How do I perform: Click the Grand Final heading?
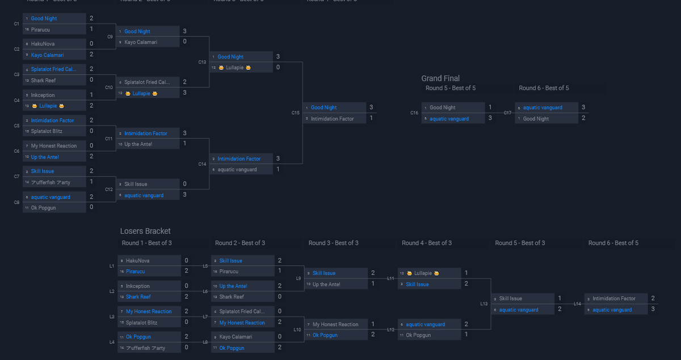440,78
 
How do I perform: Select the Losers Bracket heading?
145,231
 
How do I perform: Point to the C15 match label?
296,113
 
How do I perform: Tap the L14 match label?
577,304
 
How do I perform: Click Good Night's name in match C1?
44,19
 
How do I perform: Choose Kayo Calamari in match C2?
47,55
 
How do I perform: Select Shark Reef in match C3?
43,81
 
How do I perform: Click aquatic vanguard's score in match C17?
583,107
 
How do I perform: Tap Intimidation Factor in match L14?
614,299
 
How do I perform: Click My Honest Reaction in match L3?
149,311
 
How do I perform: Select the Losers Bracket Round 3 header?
334,243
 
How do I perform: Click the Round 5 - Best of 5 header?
451,88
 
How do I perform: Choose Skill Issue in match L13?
511,299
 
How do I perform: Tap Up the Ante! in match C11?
138,144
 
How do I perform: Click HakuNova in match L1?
138,261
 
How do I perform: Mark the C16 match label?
414,113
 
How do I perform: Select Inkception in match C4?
43,95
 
